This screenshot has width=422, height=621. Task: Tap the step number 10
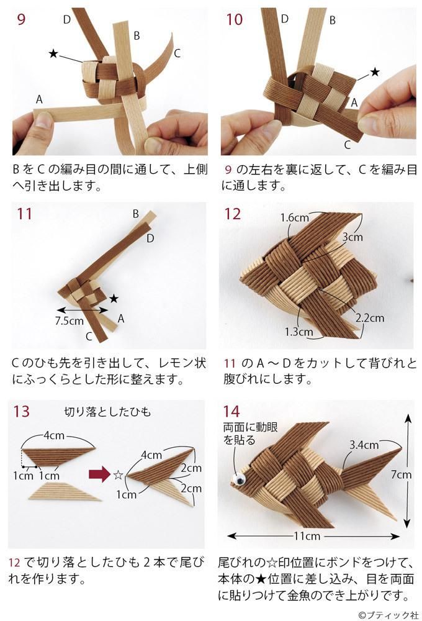(x=234, y=19)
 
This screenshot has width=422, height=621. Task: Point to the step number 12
(x=233, y=214)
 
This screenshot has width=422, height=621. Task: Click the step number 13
(x=20, y=411)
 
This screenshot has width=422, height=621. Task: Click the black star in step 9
(x=54, y=54)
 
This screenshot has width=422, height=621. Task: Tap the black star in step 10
(x=374, y=73)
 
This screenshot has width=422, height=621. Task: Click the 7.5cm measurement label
(x=68, y=322)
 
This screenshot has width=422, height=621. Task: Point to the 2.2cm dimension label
(x=370, y=318)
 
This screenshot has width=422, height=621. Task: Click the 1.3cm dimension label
(x=299, y=332)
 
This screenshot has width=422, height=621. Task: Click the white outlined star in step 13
(x=117, y=475)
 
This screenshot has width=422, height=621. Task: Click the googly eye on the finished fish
(x=238, y=479)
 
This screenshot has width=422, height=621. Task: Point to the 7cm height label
(x=401, y=474)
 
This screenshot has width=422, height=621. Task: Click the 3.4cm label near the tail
(x=364, y=445)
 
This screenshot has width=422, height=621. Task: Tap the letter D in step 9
(x=67, y=19)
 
